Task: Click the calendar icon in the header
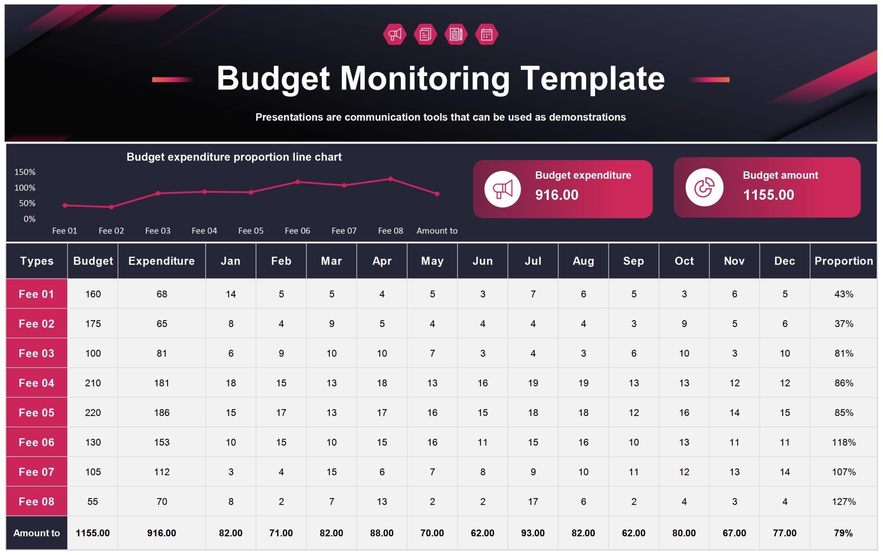(x=486, y=35)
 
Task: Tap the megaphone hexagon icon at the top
(x=395, y=35)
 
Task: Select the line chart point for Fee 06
(x=297, y=182)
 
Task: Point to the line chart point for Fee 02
(x=111, y=207)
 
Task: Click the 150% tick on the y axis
(x=24, y=172)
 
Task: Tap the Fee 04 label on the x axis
(x=204, y=231)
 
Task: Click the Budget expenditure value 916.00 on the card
(x=556, y=195)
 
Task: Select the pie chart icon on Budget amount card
(x=704, y=187)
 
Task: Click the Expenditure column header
(x=161, y=261)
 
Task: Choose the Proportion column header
(x=843, y=261)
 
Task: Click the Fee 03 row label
(x=36, y=353)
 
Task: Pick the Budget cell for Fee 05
(x=93, y=413)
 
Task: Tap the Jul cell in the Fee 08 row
(x=533, y=502)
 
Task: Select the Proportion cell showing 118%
(x=843, y=442)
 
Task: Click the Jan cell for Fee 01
(x=231, y=294)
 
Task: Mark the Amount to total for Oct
(x=684, y=533)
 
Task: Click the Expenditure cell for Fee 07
(x=161, y=472)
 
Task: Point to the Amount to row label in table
(x=36, y=533)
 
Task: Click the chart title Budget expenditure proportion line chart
(x=234, y=157)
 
